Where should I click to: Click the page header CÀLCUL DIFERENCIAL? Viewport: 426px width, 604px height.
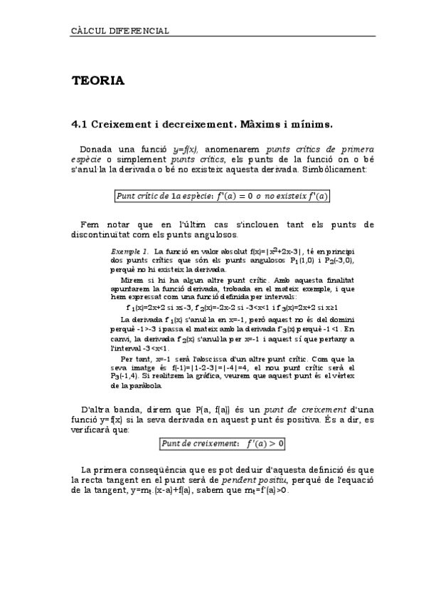[x=120, y=31]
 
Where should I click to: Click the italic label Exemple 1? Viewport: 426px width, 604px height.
[x=129, y=252]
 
